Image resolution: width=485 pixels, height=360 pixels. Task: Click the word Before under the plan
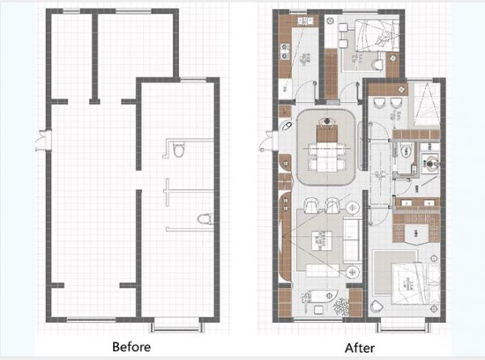click(132, 347)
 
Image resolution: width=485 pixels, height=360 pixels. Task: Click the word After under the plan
click(360, 348)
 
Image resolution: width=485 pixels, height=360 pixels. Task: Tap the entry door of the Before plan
click(43, 141)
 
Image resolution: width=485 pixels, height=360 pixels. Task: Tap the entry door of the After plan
click(268, 141)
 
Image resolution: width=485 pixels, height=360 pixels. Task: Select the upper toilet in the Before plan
click(178, 150)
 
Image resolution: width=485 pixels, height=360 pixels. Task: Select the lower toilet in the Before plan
click(205, 219)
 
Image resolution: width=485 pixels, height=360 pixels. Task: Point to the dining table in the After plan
click(327, 156)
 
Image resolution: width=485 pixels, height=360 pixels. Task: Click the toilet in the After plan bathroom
click(405, 151)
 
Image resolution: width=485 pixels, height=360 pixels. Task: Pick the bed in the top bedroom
click(377, 35)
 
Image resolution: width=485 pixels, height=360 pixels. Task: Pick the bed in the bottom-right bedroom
click(415, 284)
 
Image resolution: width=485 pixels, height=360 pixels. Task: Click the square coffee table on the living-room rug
click(322, 241)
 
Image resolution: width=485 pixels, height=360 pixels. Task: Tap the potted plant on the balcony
click(341, 307)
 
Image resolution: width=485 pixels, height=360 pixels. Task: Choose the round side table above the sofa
click(352, 208)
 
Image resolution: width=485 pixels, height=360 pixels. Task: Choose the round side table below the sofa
click(352, 273)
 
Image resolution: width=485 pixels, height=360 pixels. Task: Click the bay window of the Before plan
click(177, 328)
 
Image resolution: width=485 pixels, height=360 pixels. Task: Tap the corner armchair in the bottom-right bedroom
click(377, 307)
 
